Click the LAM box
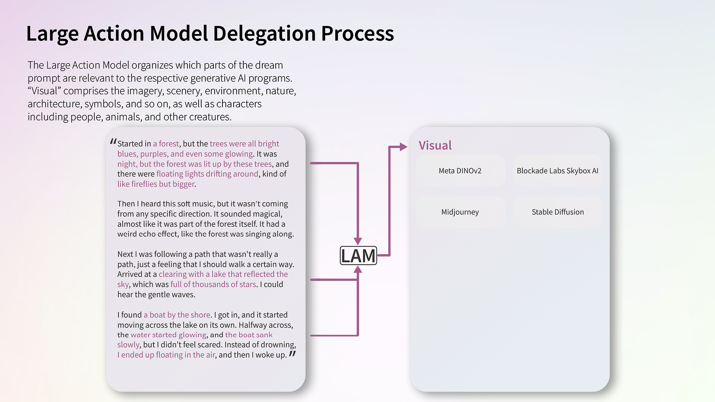click(x=358, y=256)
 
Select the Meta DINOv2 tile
click(x=460, y=171)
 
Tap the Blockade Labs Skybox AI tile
click(x=557, y=171)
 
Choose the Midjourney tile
click(x=460, y=212)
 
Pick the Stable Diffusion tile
click(x=557, y=212)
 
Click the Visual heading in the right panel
click(x=435, y=145)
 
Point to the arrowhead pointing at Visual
click(x=404, y=147)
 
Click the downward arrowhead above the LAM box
click(x=358, y=241)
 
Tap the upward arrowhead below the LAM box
click(x=358, y=269)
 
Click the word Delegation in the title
click(x=265, y=34)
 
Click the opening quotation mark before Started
click(x=113, y=142)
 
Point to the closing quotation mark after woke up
click(x=292, y=353)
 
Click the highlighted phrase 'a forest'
click(x=166, y=144)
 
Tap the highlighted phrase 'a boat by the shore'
click(x=177, y=315)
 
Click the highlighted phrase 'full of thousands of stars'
click(x=213, y=284)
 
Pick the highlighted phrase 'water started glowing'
click(x=168, y=335)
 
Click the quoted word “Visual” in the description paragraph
click(x=44, y=91)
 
